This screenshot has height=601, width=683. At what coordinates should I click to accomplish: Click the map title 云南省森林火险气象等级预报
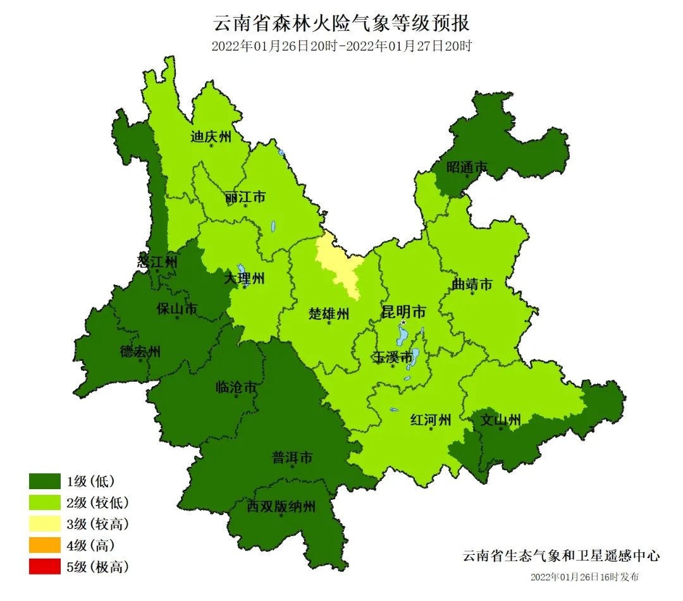(341, 23)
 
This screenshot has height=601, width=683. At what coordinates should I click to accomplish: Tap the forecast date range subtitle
(341, 46)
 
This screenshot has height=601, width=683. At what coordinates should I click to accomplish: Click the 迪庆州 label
(211, 137)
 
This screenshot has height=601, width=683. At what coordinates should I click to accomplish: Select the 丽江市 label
(245, 198)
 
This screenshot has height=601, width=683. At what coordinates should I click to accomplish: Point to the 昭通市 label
(467, 167)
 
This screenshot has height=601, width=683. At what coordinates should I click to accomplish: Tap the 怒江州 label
(157, 260)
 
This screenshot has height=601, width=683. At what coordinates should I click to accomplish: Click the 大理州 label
(245, 277)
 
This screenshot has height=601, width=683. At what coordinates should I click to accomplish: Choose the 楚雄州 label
(329, 313)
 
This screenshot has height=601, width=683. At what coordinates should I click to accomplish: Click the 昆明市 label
(403, 312)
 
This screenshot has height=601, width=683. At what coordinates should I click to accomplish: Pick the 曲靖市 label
(472, 285)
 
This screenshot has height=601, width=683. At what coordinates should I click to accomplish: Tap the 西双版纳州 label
(281, 506)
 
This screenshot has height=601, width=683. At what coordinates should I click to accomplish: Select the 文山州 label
(500, 420)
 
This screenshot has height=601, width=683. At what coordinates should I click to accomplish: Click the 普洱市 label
(292, 458)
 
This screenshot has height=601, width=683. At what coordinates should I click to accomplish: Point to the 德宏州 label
(140, 352)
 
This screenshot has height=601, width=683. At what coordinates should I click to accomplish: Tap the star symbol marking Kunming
(403, 322)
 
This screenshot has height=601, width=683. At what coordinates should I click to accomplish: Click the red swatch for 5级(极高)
(44, 566)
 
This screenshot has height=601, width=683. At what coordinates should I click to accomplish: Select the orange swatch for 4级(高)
(44, 545)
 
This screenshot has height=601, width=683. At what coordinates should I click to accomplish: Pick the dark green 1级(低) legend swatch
(44, 482)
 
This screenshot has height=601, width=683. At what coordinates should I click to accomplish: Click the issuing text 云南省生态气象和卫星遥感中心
(561, 556)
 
